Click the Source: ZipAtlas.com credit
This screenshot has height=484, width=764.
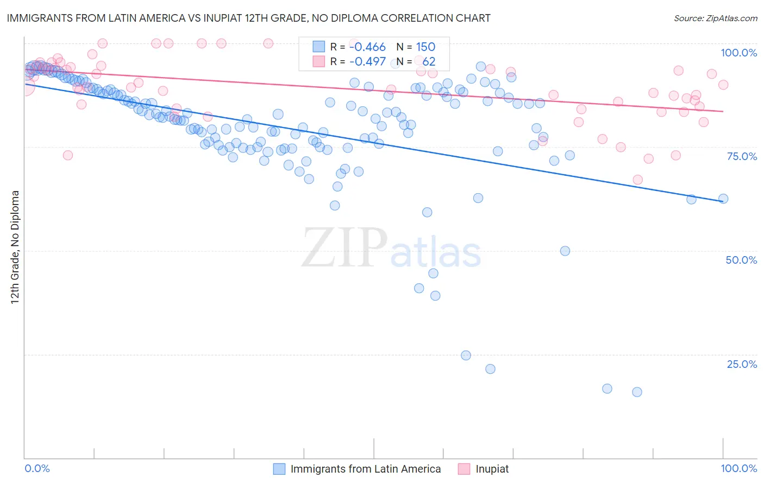(x=715, y=18)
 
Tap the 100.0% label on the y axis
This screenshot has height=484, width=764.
(x=738, y=53)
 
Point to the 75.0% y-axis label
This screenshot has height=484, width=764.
(x=742, y=156)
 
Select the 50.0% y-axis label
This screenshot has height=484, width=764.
(x=741, y=260)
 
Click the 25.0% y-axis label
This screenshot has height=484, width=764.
(x=742, y=364)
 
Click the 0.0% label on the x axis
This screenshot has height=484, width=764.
(x=37, y=468)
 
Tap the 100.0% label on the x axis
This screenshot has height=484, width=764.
(x=738, y=468)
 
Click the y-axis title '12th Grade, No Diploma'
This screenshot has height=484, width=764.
(x=15, y=247)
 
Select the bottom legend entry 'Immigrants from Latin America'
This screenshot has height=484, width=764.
(x=365, y=469)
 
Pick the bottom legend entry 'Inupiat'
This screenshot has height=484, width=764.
(x=492, y=469)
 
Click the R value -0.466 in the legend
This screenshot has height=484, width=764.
(x=367, y=47)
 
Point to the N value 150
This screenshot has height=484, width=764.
(x=425, y=47)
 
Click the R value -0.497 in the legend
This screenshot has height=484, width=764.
(x=367, y=62)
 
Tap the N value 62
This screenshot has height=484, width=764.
(x=429, y=62)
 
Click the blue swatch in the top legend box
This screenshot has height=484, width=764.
(x=318, y=47)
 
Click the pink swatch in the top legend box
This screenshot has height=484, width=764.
(x=318, y=62)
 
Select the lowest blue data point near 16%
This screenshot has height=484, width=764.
(x=637, y=392)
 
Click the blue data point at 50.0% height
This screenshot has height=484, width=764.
(x=565, y=251)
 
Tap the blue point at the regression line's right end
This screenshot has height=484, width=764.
(x=723, y=199)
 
